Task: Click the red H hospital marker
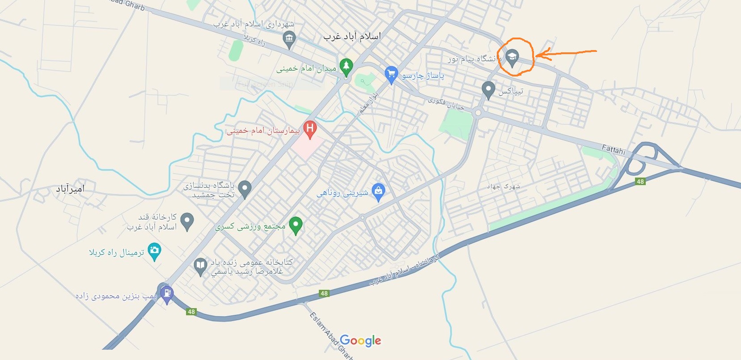tap(309, 129)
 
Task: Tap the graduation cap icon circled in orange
tap(512, 57)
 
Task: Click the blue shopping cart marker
tap(391, 74)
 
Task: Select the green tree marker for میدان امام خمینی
tap(346, 66)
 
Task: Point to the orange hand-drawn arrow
tap(566, 54)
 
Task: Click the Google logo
tap(360, 341)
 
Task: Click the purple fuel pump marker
tap(167, 294)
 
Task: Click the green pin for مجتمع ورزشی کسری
tap(295, 224)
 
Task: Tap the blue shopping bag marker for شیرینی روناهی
tap(378, 192)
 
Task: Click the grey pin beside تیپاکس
tap(488, 89)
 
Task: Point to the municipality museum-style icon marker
tap(289, 39)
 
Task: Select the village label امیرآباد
tap(70, 189)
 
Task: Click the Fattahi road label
tap(613, 149)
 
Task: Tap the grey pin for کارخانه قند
tap(187, 221)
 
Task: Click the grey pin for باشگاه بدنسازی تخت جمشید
tap(244, 188)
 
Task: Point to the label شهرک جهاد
tap(504, 186)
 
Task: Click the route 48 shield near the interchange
tap(640, 181)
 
